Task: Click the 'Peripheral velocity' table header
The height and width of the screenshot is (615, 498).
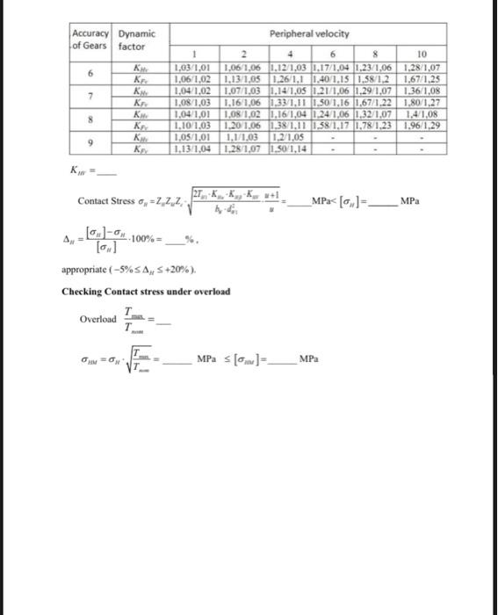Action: coord(306,33)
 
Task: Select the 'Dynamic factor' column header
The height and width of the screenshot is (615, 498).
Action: coord(134,39)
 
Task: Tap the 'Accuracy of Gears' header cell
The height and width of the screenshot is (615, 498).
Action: coord(90,39)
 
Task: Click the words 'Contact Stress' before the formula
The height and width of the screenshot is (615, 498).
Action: coord(105,201)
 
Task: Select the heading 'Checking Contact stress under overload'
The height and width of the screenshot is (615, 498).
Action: coord(145,291)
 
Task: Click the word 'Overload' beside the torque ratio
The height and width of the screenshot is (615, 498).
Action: coord(97,319)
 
